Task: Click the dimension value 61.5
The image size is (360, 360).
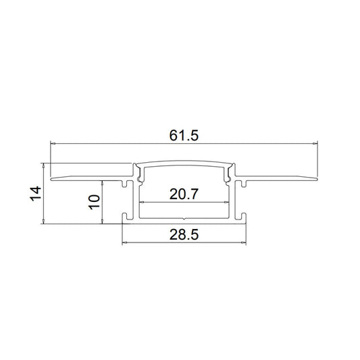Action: point(184,136)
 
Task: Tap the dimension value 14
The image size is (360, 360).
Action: point(36,194)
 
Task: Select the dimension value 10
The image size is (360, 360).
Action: point(95,202)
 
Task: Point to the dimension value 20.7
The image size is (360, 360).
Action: point(184,194)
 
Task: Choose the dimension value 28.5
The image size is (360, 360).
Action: point(184,235)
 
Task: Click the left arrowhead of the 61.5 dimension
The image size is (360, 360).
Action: point(53,143)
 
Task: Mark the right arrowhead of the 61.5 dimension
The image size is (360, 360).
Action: point(315,143)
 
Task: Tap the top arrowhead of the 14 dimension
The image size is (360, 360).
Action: point(43,165)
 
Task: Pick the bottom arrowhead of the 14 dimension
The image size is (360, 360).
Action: point(43,222)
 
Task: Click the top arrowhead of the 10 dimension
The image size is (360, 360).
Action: point(103,183)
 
